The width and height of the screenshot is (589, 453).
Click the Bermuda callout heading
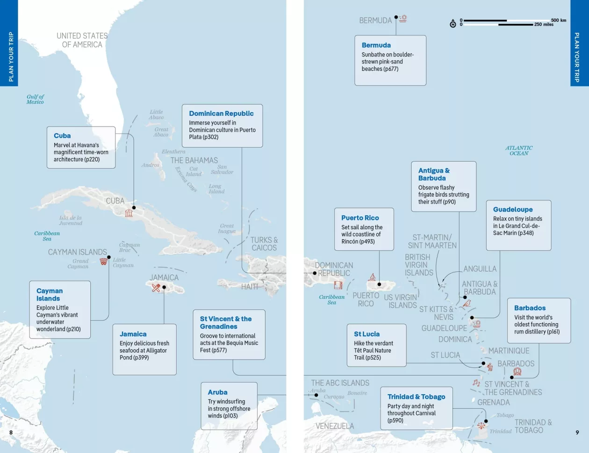376,45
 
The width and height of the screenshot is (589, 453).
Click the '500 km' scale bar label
558,20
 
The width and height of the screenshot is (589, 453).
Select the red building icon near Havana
129,213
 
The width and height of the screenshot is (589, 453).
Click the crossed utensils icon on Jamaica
156,288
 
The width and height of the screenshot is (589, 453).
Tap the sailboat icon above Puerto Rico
372,277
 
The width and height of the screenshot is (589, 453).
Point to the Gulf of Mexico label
35,99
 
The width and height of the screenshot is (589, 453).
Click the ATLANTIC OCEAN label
519,150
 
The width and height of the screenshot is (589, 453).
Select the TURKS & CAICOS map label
264,244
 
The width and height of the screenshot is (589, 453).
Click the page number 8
11,432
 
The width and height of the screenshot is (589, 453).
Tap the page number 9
577,432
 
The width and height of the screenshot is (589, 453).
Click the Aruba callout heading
217,392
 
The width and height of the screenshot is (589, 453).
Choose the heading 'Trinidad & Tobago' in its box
416,396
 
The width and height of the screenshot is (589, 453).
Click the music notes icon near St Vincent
476,382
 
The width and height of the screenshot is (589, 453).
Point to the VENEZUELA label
335,426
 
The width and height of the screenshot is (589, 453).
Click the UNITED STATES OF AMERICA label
82,40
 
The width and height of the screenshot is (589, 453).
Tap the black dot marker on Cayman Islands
109,257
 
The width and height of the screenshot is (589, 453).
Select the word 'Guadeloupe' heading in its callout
513,209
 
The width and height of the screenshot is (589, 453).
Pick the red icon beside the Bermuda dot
403,19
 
